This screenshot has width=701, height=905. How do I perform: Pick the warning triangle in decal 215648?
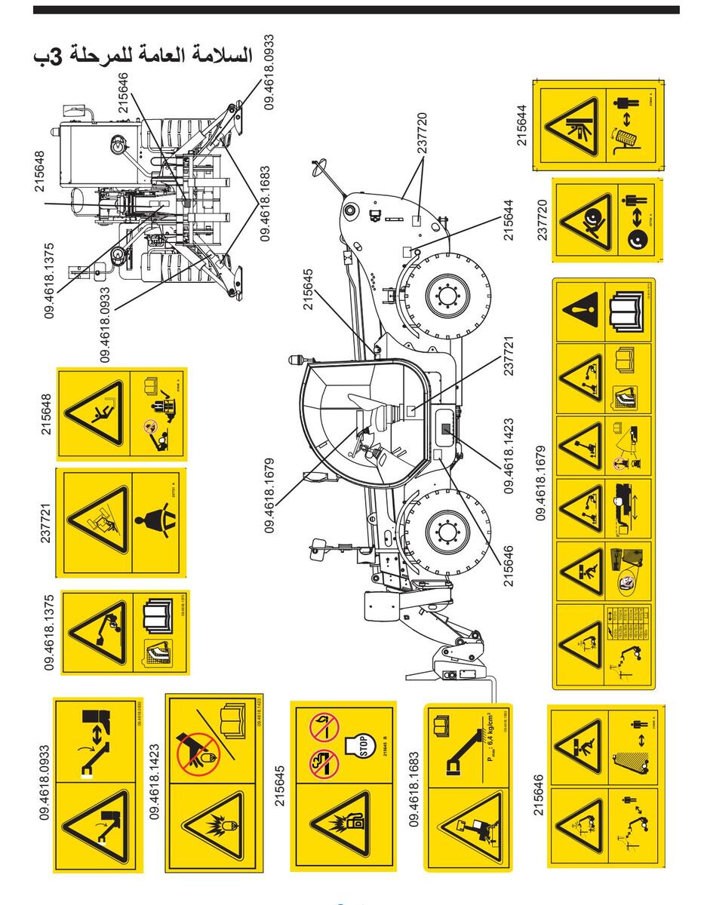tap(94, 414)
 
